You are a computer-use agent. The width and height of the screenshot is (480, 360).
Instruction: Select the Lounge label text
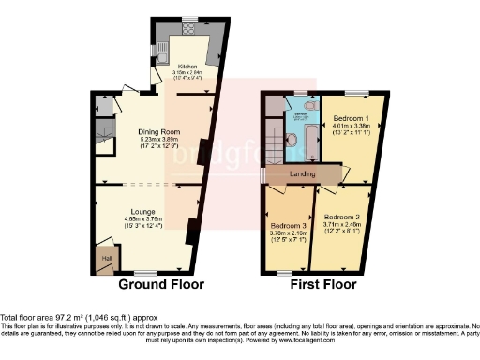click(142, 212)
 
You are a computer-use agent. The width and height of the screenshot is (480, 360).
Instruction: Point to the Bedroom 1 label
click(351, 119)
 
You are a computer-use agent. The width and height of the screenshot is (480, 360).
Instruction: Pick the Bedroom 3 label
click(290, 226)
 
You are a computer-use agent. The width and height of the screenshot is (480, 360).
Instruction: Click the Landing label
click(301, 174)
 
